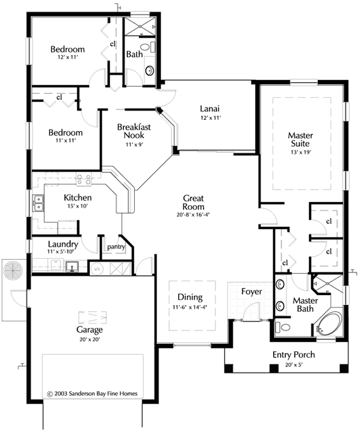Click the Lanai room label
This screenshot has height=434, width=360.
[x=210, y=108]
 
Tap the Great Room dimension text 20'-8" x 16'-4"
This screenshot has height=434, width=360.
[x=193, y=215]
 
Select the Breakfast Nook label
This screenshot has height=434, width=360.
[x=134, y=131]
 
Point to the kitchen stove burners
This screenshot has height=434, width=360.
[x=83, y=179]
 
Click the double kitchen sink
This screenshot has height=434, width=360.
[x=38, y=203]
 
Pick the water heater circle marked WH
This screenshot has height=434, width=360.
[x=97, y=268]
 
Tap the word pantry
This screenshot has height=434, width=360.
[x=116, y=247]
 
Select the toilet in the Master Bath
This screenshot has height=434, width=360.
[x=282, y=327]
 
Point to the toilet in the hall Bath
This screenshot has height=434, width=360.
[x=147, y=47]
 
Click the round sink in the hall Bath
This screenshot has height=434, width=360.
[x=150, y=70]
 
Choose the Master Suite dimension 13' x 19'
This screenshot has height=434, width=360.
[x=300, y=152]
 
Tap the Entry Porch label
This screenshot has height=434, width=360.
[x=294, y=355]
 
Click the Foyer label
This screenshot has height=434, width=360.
[x=251, y=291]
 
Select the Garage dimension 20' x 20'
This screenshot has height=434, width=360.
[x=90, y=339]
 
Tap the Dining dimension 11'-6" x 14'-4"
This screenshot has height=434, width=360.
[x=190, y=307]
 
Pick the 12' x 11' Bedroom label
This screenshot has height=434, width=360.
[x=67, y=53]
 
